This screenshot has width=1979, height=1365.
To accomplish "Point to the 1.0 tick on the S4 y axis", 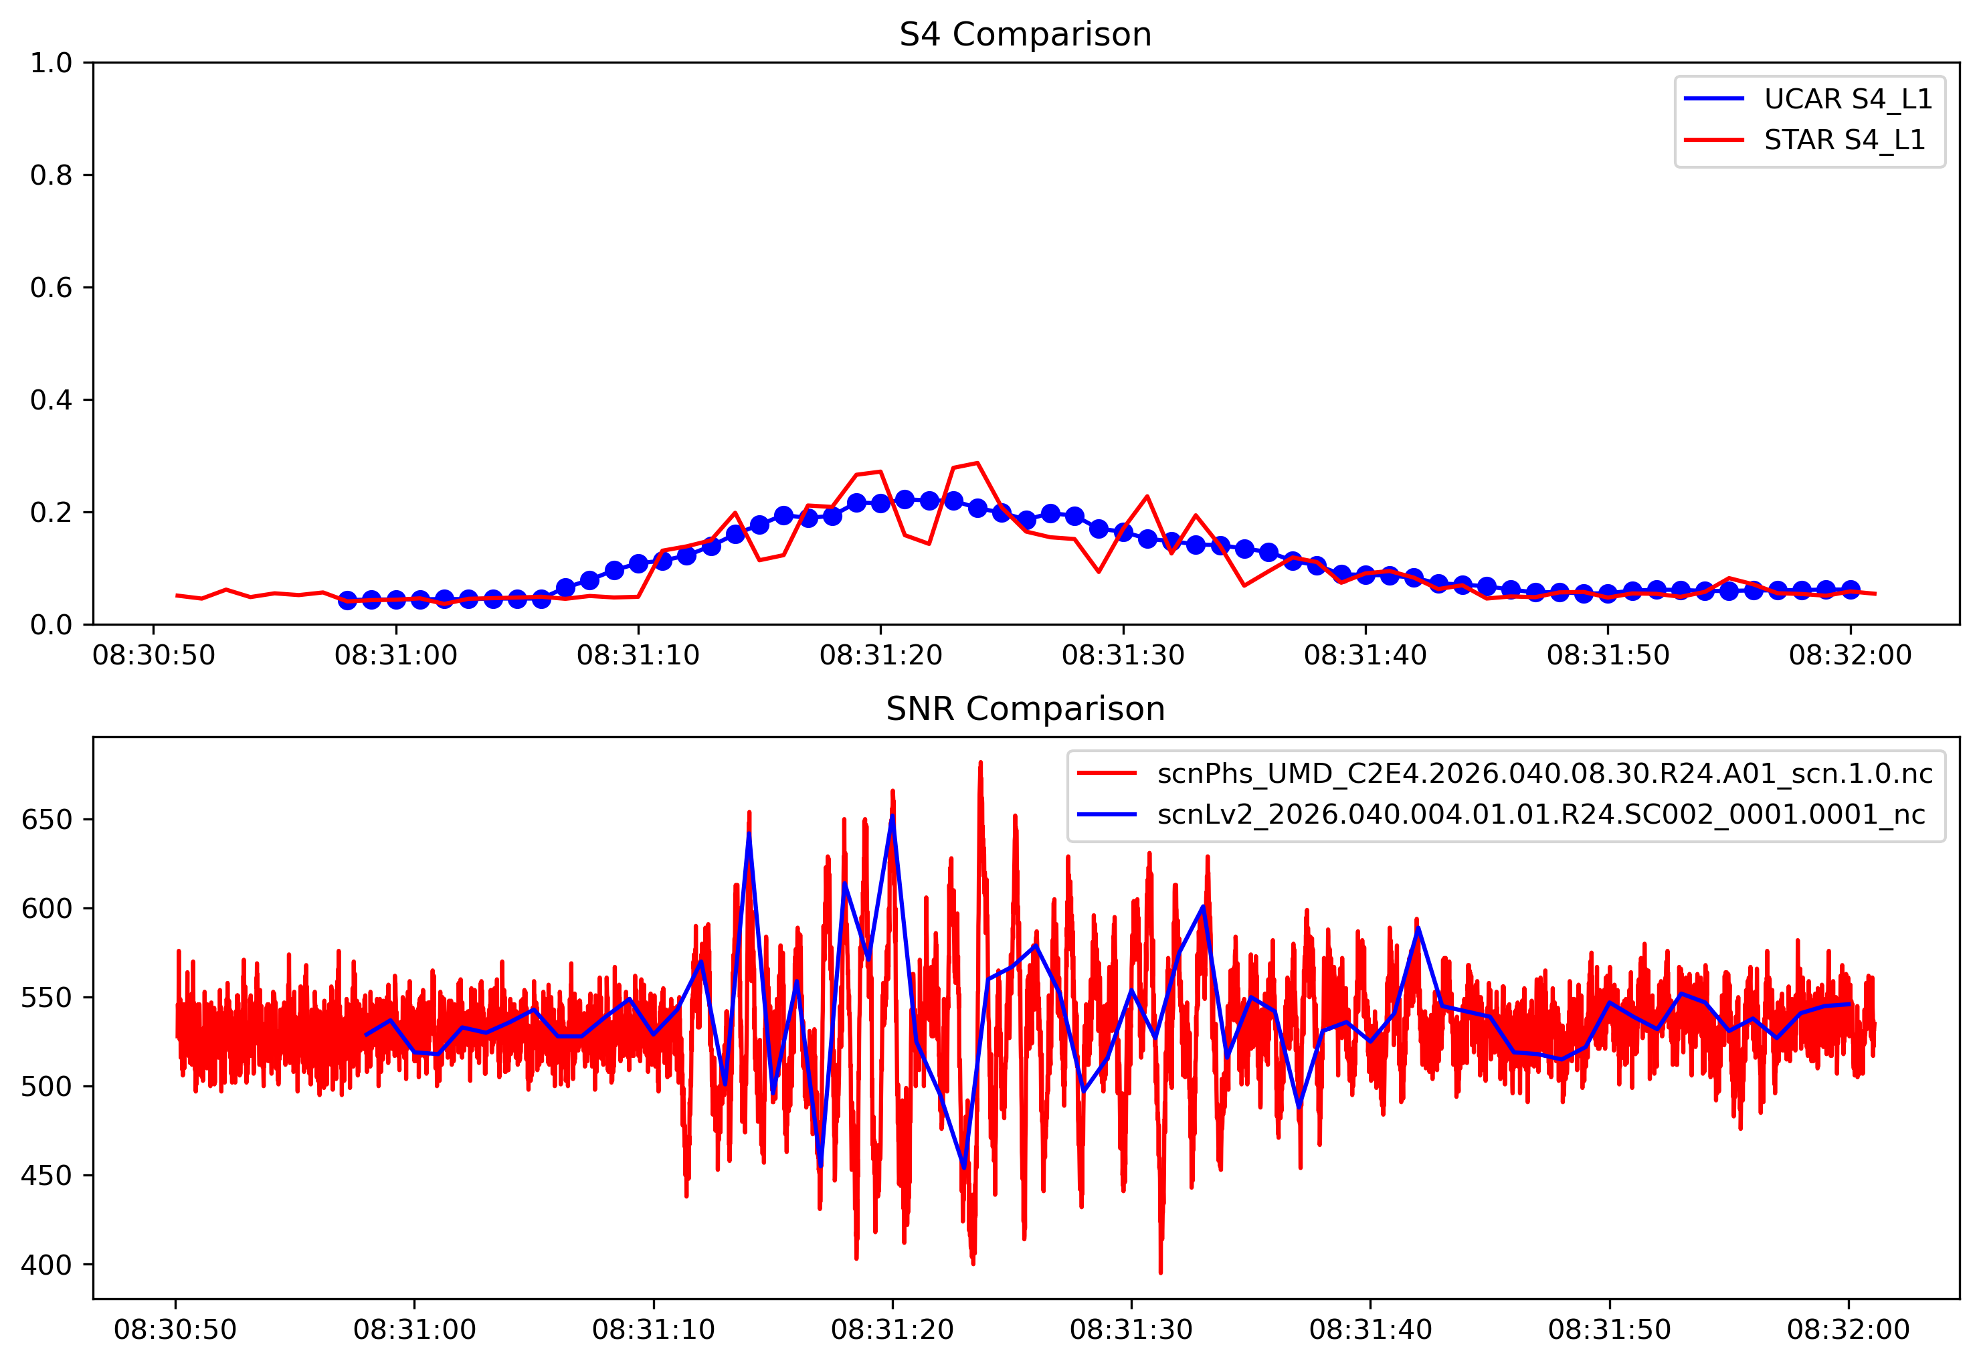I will click(52, 62).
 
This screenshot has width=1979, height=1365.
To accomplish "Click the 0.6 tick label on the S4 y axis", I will click(52, 287).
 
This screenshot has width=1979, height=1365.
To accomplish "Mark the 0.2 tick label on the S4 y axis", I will click(52, 513).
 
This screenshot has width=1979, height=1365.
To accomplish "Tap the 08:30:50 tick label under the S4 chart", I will click(154, 656).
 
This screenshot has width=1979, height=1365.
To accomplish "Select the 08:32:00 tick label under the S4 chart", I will click(1850, 656).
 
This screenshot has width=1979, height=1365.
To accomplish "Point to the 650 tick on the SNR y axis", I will click(46, 820).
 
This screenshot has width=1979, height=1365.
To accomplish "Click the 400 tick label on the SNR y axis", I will click(46, 1264).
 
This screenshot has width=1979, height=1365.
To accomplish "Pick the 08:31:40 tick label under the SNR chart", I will click(1370, 1330).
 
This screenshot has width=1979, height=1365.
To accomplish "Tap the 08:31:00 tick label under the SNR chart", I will click(414, 1330).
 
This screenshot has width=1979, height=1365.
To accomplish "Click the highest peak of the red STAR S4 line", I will click(977, 463).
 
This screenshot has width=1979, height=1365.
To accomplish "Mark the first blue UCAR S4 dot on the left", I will click(347, 600).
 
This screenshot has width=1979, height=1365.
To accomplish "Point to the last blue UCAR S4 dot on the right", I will click(1850, 589).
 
